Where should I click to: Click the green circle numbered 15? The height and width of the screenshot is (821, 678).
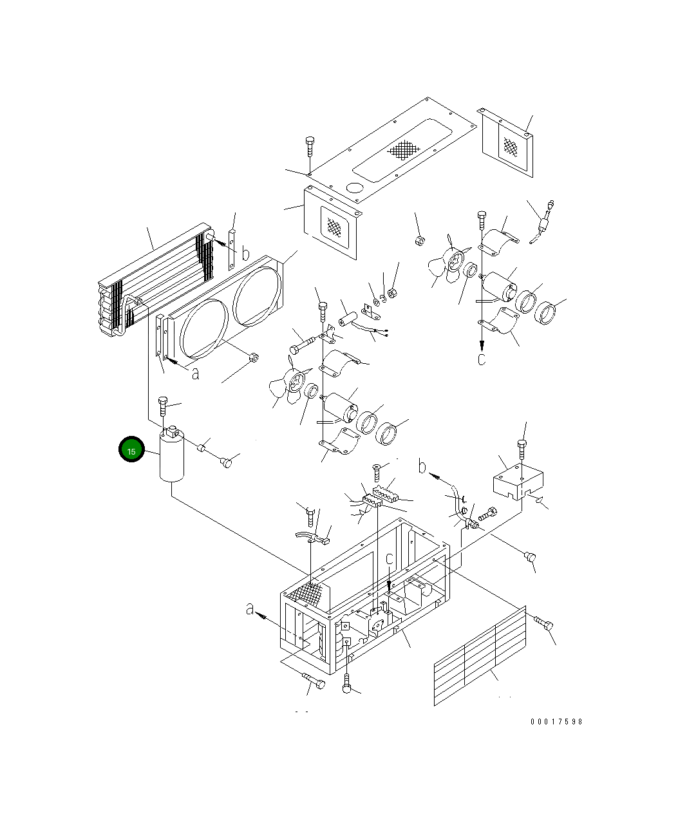[131, 451]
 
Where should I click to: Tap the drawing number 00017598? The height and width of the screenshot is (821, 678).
[556, 722]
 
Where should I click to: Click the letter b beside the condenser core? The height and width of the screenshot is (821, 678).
[245, 254]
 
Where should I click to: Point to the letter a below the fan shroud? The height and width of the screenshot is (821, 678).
[195, 373]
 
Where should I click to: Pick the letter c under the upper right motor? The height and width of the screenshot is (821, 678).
[482, 359]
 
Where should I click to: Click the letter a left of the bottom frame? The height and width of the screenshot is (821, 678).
[250, 609]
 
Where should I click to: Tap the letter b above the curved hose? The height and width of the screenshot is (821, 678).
[422, 466]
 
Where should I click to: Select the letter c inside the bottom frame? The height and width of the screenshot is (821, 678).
[390, 559]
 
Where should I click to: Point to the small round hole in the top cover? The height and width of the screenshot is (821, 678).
[355, 189]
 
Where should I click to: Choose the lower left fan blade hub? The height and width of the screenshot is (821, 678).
[297, 381]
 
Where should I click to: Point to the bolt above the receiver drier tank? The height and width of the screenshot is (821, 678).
[163, 408]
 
